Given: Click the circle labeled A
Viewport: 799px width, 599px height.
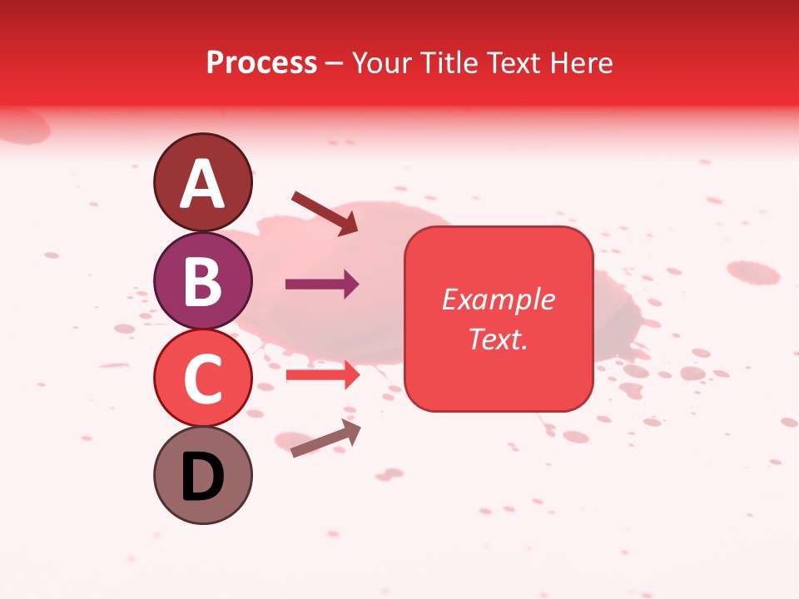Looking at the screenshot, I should tap(202, 182).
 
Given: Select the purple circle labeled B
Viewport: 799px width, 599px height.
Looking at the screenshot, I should tap(202, 280).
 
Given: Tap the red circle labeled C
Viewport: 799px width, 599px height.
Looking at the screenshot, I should tap(202, 378).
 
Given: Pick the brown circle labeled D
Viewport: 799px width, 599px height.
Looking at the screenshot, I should tap(202, 475).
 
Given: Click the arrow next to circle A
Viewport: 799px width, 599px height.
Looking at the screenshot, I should tap(324, 213).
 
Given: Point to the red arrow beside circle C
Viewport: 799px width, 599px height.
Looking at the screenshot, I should tap(322, 374).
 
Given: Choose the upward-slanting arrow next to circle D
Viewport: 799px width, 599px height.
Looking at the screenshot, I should tap(325, 438).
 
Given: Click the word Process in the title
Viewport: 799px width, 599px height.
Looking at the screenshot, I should tap(261, 62).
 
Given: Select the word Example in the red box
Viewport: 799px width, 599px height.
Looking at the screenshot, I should tap(498, 299).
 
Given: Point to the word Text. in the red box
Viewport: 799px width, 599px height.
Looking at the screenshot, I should tap(498, 339).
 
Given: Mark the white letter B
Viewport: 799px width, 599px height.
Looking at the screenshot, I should tap(202, 281).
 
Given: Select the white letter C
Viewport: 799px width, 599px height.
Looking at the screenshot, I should tap(202, 379).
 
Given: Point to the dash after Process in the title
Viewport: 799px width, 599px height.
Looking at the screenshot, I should tap(335, 64).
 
